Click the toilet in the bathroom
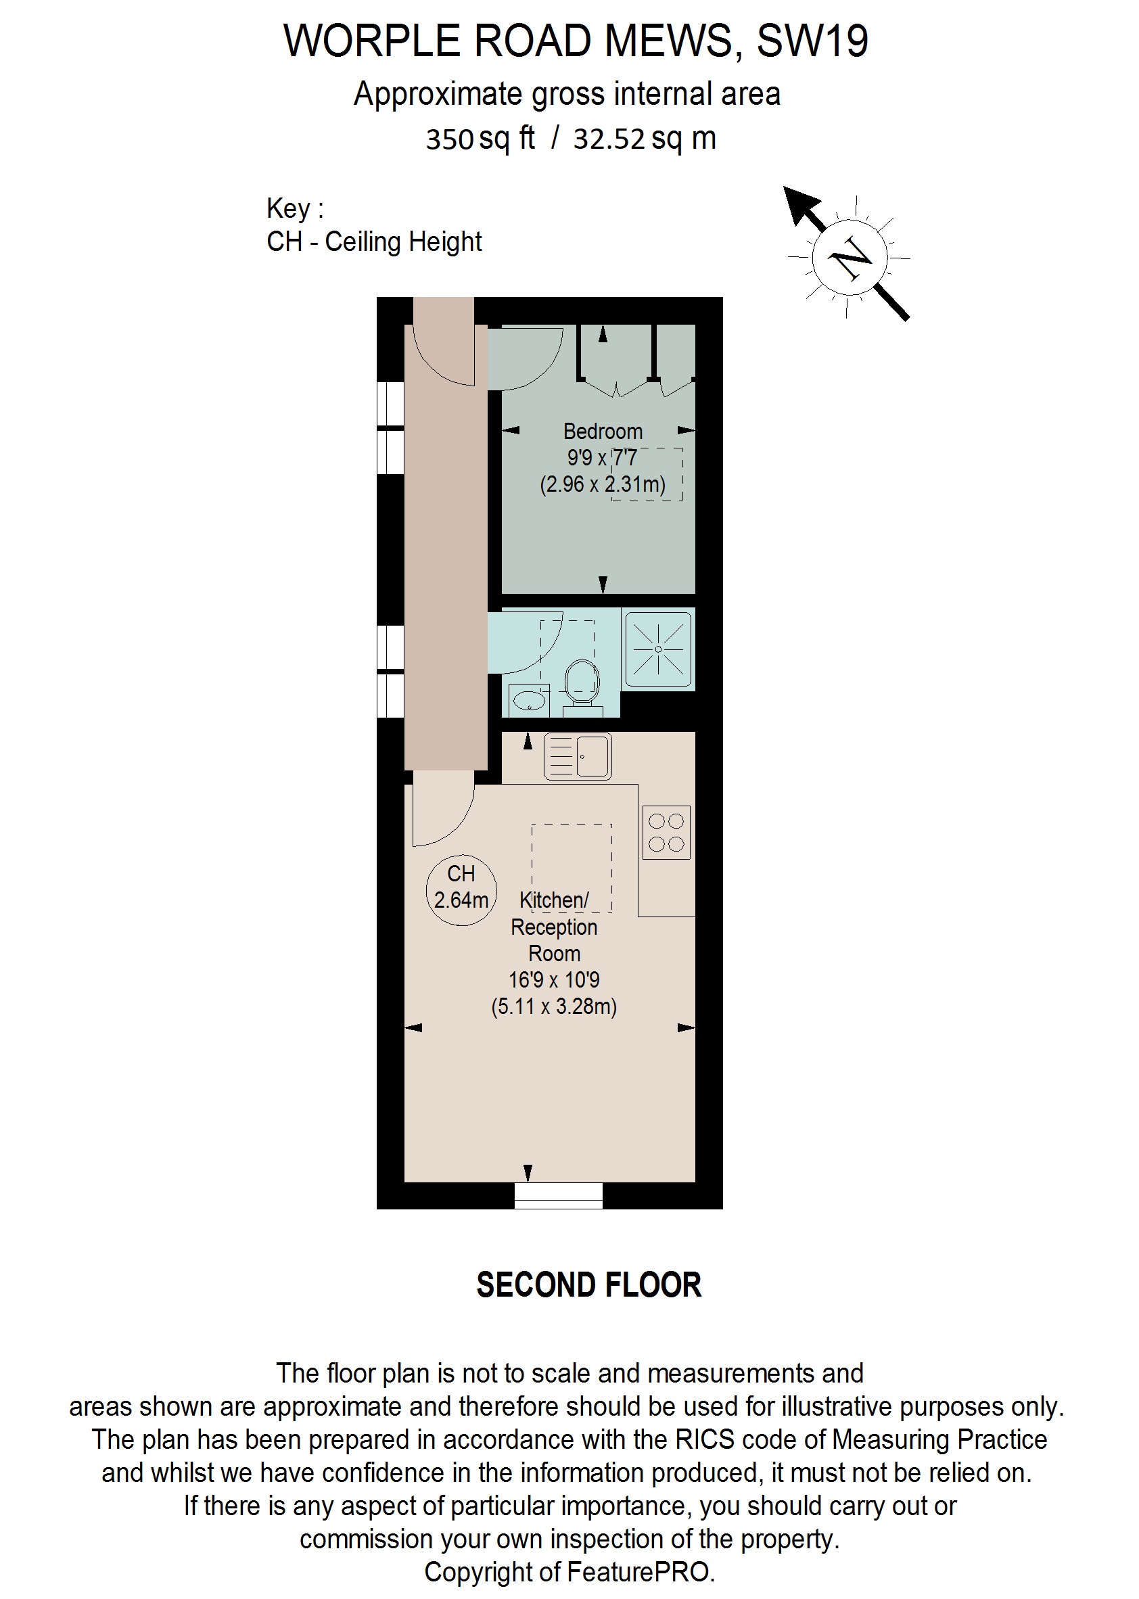582,682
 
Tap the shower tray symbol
658,649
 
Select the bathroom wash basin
529,699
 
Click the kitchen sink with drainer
577,757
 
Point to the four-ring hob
666,833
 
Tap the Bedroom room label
603,431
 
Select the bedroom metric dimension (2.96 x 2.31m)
603,484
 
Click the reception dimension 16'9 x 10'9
554,979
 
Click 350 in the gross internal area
450,139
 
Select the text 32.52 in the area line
608,139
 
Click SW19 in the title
812,41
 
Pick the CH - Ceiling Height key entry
374,242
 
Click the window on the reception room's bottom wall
558,1196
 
